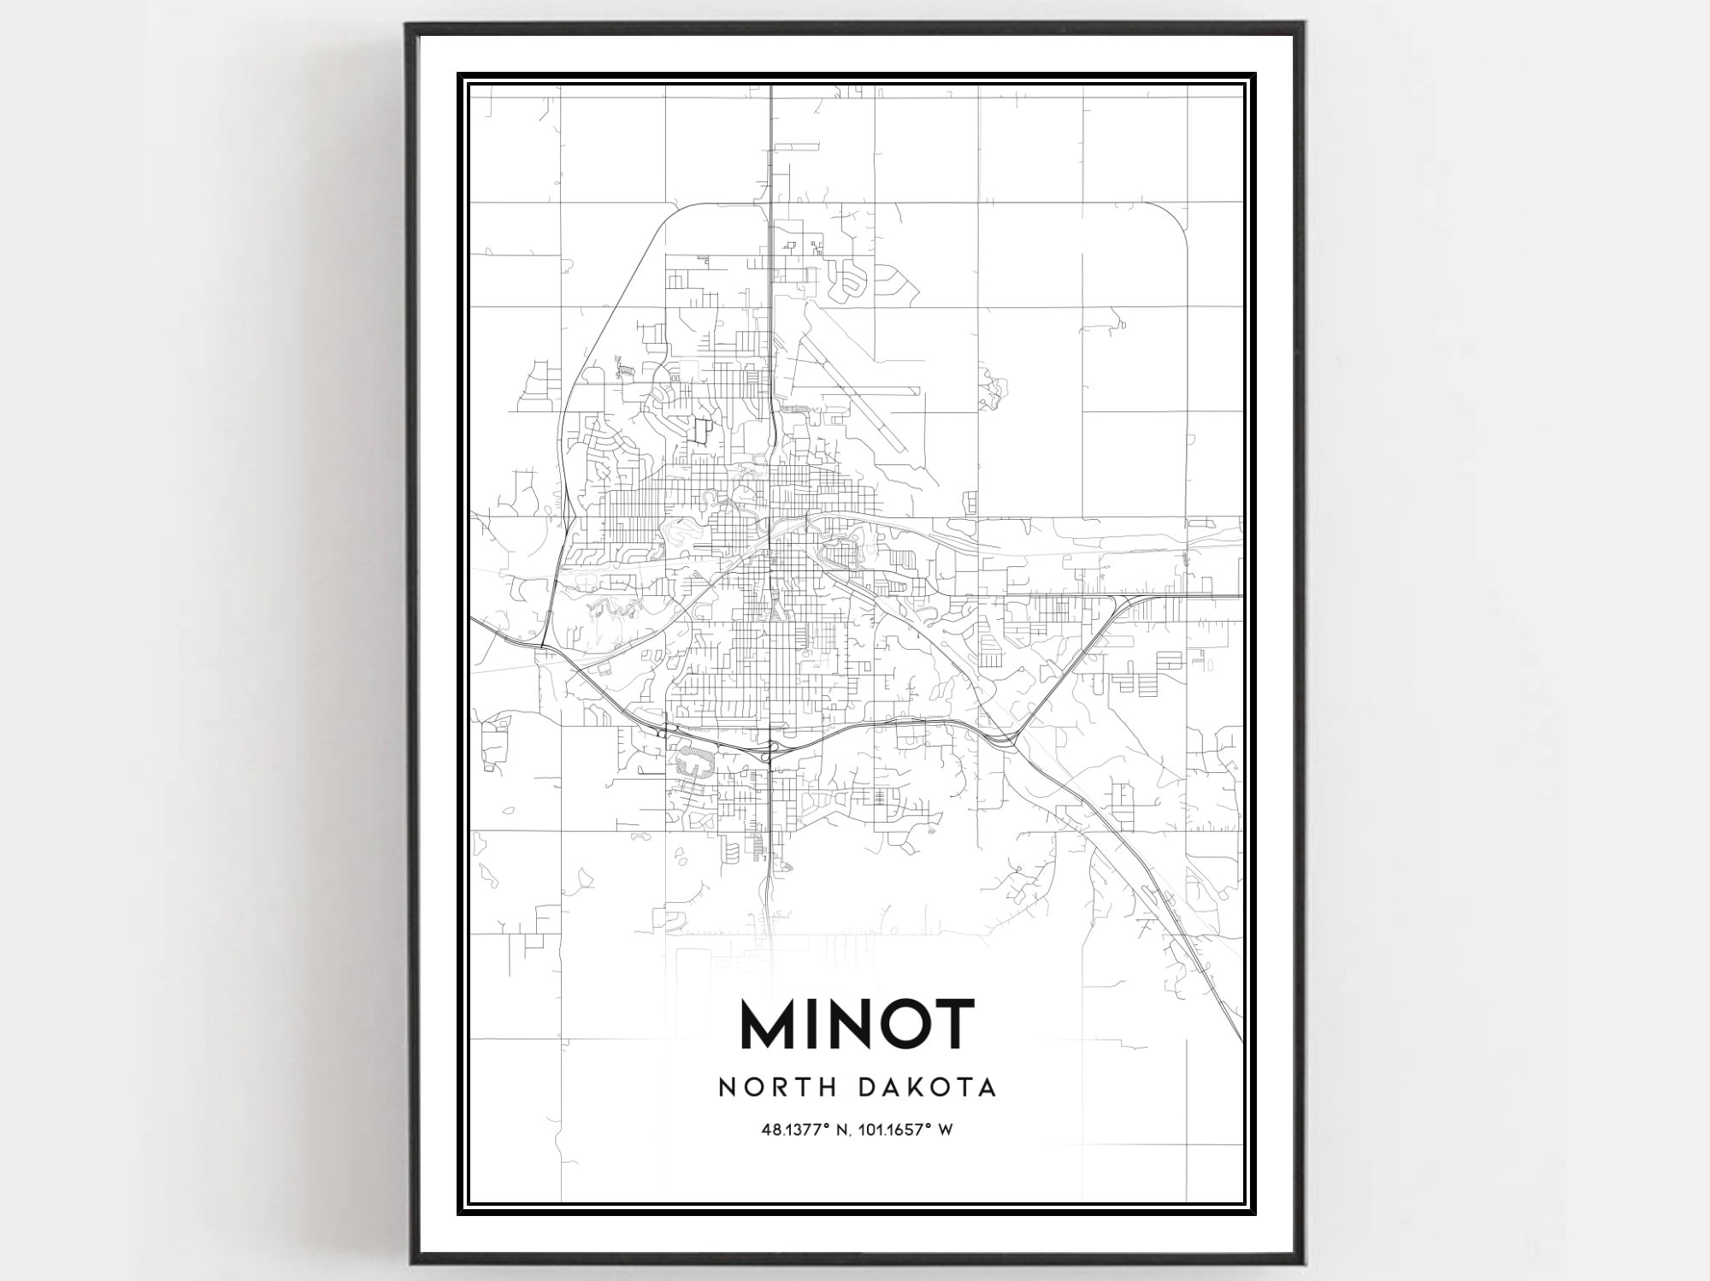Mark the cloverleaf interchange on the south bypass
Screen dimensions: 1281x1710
772,749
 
